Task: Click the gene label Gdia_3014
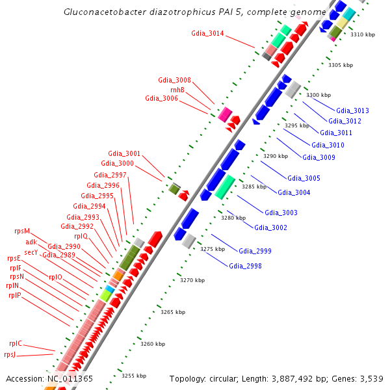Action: coord(207,33)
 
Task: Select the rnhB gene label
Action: coord(177,89)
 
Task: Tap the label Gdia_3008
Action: coord(174,80)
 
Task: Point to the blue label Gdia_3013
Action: coord(353,111)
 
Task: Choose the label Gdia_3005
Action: coord(304,178)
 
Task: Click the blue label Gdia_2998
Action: coord(245,265)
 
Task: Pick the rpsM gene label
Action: coord(22,231)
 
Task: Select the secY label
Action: coord(31,252)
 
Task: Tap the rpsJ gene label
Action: coord(10,354)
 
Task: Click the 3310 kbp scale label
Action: coord(361,35)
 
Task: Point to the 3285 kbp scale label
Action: coord(253,187)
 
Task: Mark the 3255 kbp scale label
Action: coord(133,376)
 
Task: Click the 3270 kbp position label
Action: coord(192,280)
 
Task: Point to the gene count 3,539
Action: coord(372,378)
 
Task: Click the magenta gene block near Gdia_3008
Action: coord(225,115)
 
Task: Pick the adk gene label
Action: coord(31,242)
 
